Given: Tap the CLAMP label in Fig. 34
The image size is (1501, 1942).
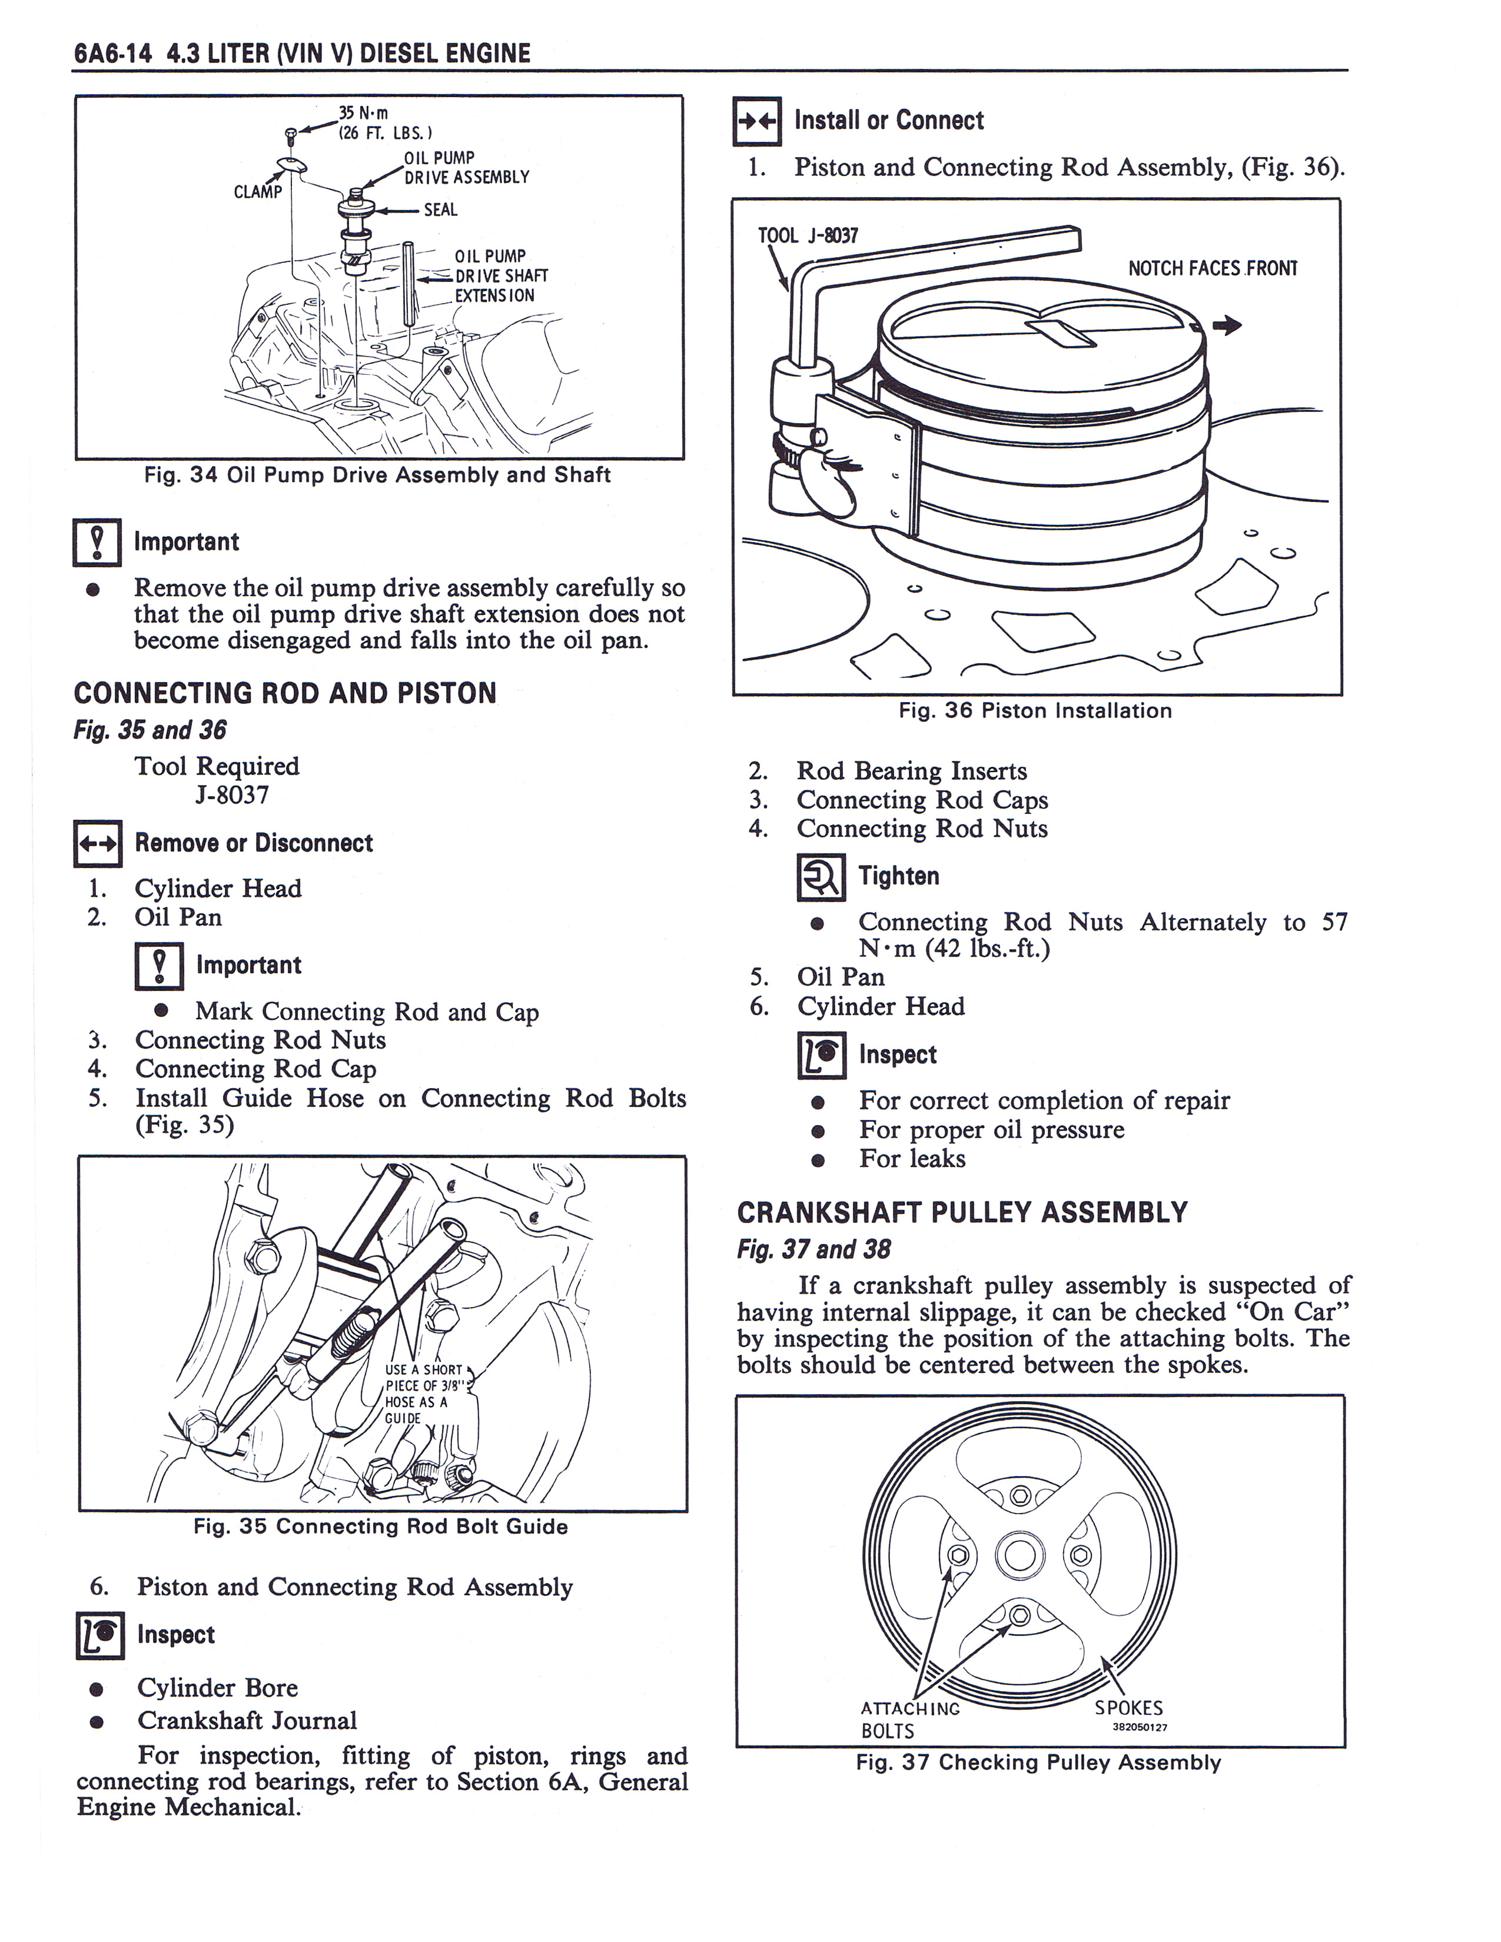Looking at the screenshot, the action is pyautogui.click(x=258, y=192).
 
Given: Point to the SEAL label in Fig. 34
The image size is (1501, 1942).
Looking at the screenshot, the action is pyautogui.click(x=441, y=210).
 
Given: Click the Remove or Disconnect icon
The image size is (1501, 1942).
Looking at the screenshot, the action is pyautogui.click(x=97, y=843).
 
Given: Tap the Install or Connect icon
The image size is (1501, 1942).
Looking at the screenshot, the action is pyautogui.click(x=758, y=121).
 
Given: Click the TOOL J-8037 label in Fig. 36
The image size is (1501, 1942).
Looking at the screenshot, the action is pyautogui.click(x=808, y=235).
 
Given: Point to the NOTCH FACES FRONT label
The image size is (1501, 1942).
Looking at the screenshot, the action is pyautogui.click(x=1213, y=268).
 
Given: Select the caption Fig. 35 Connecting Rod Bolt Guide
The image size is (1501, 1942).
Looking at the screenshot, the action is pyautogui.click(x=381, y=1527).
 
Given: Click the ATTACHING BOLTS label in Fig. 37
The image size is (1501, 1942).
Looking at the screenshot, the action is pyautogui.click(x=911, y=1720).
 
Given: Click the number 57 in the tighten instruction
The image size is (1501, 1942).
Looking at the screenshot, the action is pyautogui.click(x=1335, y=922).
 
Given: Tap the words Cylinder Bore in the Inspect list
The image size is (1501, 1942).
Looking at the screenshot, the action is pyautogui.click(x=218, y=1688).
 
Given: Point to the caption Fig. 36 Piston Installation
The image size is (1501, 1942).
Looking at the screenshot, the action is pyautogui.click(x=1035, y=710).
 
